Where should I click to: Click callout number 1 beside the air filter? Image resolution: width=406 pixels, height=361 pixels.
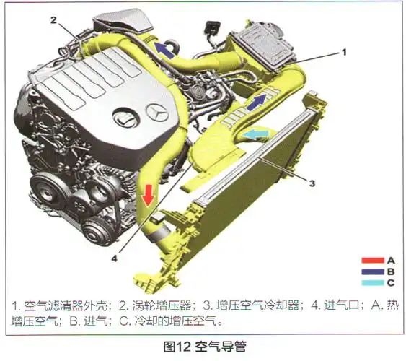pos(344,53)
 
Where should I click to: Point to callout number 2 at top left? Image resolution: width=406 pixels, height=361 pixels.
pos(53,21)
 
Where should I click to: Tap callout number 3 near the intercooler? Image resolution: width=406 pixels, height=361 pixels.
pos(312,183)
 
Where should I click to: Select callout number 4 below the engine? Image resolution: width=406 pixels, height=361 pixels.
pos(114,254)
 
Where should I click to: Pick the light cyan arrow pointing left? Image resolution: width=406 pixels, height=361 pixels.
pos(256,134)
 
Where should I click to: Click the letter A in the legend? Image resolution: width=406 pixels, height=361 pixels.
pos(390,259)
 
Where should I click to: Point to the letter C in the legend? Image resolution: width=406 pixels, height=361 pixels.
pos(390,284)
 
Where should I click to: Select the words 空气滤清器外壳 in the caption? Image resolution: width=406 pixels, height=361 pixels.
pos(64,303)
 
